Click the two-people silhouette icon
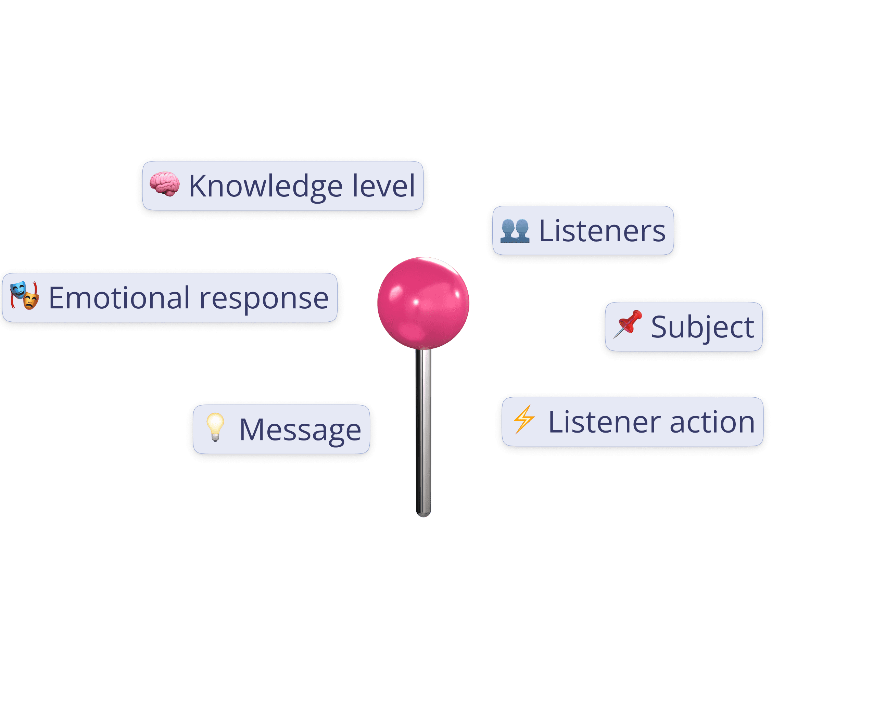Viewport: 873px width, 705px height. pos(515,231)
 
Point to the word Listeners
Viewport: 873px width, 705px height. pos(602,231)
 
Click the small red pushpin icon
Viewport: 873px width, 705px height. pos(628,324)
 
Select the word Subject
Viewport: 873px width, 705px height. pos(703,327)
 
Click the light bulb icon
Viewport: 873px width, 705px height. pos(215,426)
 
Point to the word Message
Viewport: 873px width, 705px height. pos(300,430)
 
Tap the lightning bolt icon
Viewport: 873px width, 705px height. pos(524,419)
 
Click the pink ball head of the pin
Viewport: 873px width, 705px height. pos(423,303)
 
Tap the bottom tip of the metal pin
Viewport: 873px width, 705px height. pos(423,514)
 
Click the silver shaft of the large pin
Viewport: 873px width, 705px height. pos(423,431)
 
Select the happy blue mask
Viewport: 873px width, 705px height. pos(18,290)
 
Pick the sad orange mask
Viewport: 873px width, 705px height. pos(30,301)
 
